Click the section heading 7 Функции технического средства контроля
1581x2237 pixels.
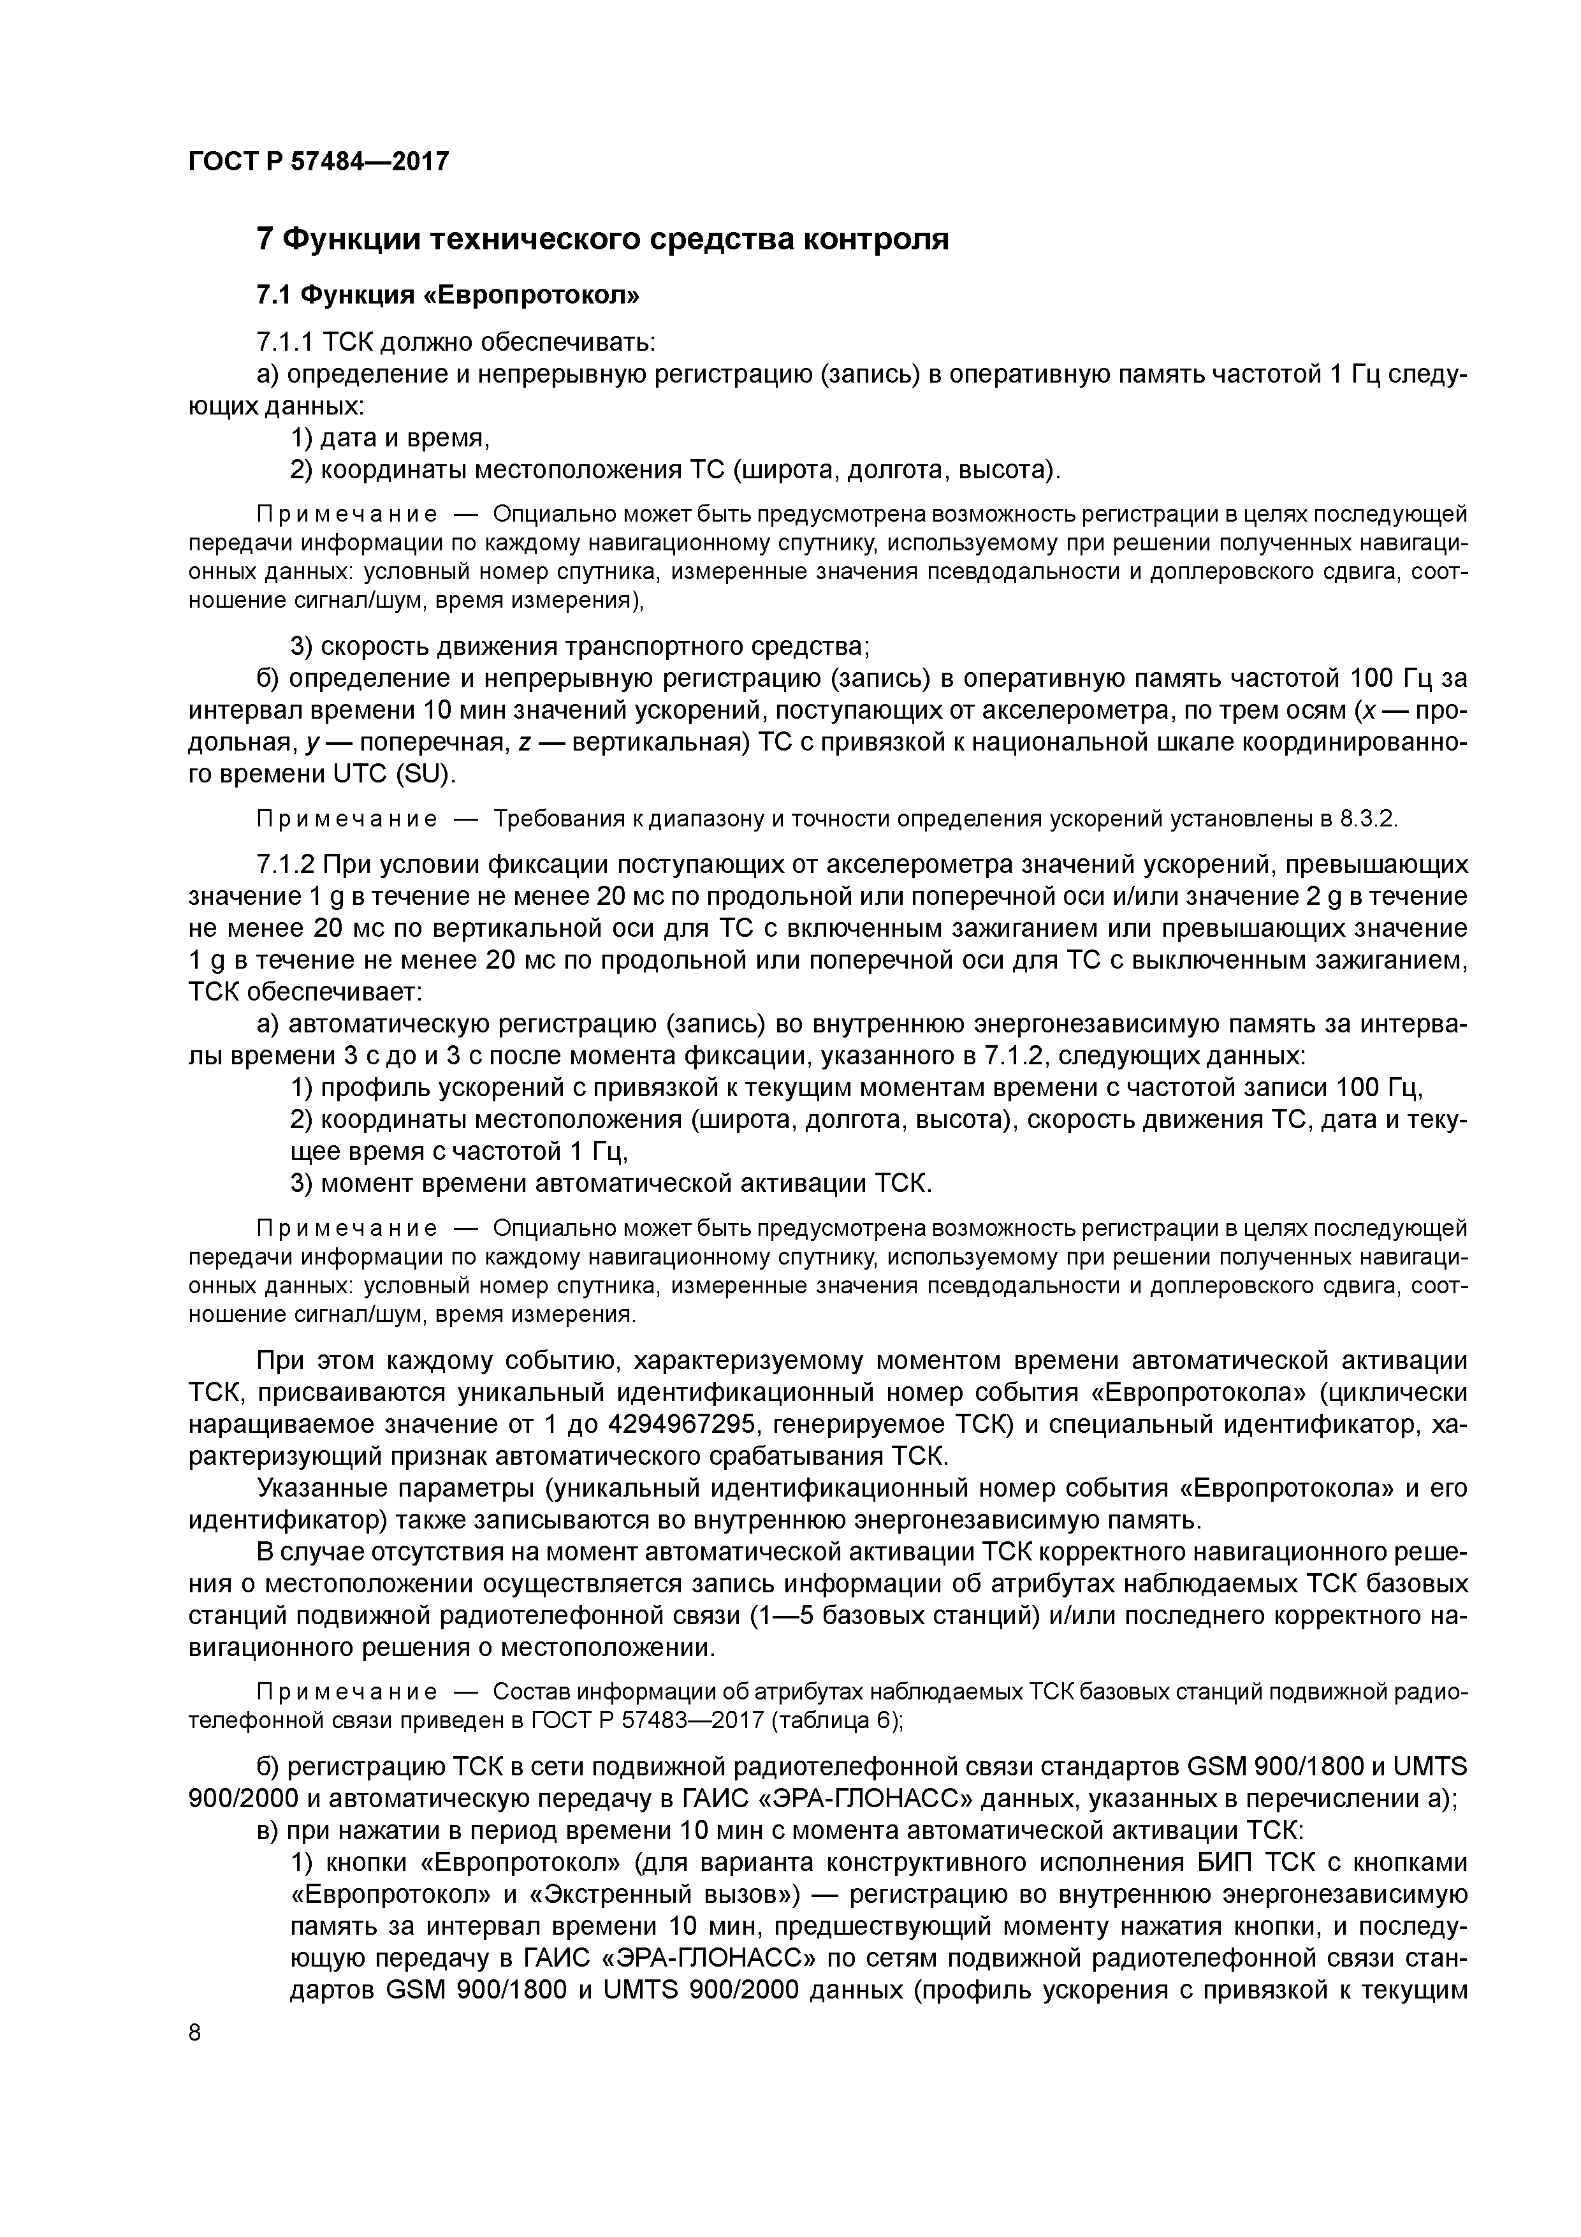pos(602,238)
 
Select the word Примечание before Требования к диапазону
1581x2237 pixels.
pos(346,818)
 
